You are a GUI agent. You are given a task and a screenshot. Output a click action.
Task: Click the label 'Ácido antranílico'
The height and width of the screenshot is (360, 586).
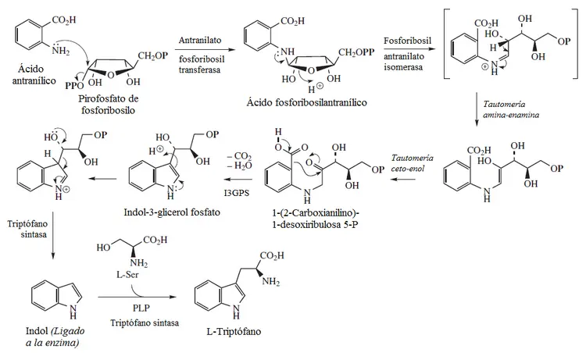click(x=34, y=75)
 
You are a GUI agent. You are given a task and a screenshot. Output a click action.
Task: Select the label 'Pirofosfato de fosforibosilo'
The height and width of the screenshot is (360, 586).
click(x=109, y=105)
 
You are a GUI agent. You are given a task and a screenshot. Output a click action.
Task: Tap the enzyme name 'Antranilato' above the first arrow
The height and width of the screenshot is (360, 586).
click(x=200, y=40)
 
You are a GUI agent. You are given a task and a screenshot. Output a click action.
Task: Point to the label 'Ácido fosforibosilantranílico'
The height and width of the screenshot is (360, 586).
click(x=306, y=102)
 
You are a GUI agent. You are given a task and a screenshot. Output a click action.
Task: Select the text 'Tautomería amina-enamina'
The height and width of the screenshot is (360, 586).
click(x=511, y=109)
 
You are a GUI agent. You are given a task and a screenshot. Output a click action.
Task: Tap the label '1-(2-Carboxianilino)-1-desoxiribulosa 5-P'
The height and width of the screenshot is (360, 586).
click(x=316, y=219)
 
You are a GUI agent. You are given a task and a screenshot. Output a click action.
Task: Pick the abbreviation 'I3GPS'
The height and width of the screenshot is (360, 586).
click(x=237, y=193)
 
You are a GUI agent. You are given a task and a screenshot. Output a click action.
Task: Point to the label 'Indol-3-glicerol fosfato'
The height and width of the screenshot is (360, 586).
click(x=172, y=212)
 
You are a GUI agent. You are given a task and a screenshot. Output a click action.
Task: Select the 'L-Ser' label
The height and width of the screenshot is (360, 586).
click(x=127, y=274)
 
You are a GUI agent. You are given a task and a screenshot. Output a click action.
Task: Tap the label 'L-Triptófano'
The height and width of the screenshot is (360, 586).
click(x=234, y=332)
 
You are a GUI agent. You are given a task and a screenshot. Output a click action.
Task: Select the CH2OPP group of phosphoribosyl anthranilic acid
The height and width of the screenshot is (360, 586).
click(x=356, y=52)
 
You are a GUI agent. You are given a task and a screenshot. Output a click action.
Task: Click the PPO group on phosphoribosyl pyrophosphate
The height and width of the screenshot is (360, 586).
click(x=74, y=86)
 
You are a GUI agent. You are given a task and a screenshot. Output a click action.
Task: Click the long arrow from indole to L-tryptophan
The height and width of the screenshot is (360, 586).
click(x=137, y=298)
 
